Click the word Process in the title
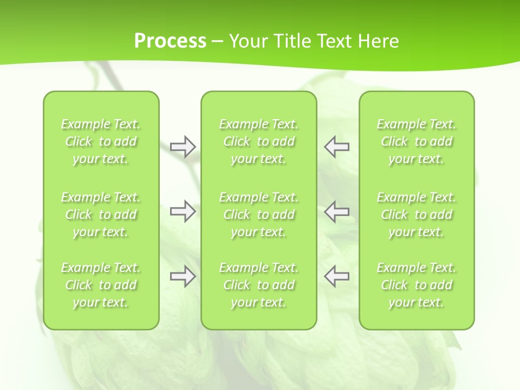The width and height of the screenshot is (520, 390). (x=170, y=41)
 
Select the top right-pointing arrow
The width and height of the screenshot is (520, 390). (x=183, y=147)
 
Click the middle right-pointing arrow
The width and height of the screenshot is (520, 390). (x=183, y=211)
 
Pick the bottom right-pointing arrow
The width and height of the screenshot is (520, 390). (x=183, y=276)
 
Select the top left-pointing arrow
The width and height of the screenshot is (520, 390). (x=336, y=147)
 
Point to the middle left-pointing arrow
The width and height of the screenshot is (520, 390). (x=336, y=211)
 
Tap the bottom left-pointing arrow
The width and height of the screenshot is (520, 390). (x=336, y=276)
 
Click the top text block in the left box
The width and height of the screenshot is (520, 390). (x=101, y=141)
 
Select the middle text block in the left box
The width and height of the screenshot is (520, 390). (x=101, y=214)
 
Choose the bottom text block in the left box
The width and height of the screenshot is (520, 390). (x=101, y=285)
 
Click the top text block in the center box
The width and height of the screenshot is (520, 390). (x=258, y=141)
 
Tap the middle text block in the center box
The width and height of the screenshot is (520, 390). (x=258, y=214)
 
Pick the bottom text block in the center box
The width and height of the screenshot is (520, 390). (x=258, y=285)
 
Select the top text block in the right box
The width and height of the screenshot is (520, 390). (x=417, y=141)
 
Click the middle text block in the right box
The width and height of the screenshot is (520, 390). (x=417, y=214)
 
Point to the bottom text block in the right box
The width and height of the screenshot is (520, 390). (x=417, y=285)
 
